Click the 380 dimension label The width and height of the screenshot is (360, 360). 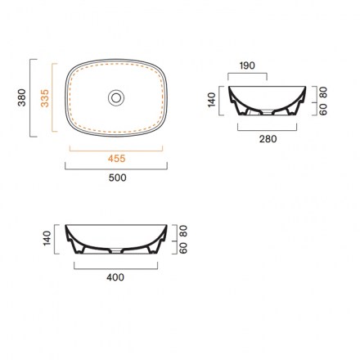21,97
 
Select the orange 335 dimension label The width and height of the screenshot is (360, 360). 45,98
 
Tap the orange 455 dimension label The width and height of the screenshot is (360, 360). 116,159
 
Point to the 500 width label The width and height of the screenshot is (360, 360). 117,178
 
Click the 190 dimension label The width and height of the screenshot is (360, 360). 247,65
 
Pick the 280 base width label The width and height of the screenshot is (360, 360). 268,139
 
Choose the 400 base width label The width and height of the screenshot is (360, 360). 115,277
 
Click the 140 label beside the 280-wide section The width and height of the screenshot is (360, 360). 212,100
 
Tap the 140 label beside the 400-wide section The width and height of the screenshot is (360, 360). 47,238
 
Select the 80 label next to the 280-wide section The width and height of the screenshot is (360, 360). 323,92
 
